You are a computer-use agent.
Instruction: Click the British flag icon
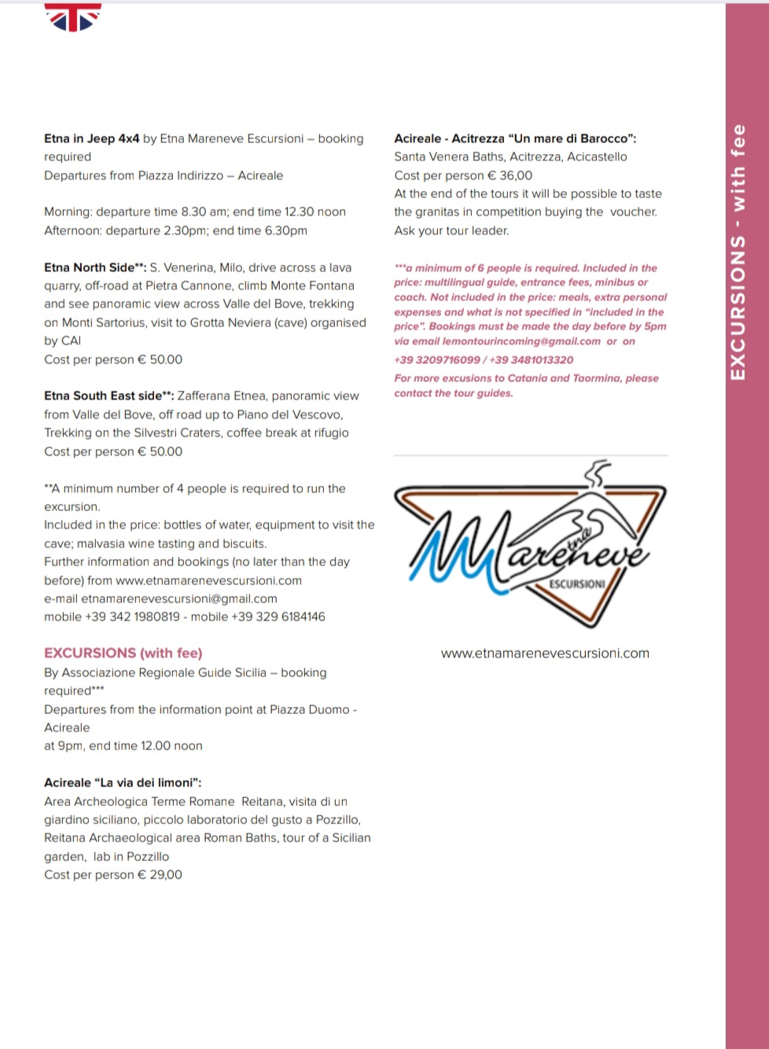[x=73, y=17]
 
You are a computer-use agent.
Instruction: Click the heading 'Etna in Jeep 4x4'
[x=91, y=138]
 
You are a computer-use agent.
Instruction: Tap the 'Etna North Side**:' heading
[x=95, y=267]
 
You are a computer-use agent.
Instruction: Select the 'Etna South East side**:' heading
[x=109, y=396]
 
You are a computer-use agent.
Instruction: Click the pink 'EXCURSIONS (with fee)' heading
[x=123, y=653]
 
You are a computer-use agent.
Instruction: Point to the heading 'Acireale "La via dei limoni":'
[x=123, y=782]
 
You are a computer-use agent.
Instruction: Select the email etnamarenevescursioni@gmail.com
[x=178, y=598]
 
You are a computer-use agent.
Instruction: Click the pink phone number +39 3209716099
[x=437, y=359]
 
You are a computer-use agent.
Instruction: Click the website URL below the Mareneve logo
[x=545, y=653]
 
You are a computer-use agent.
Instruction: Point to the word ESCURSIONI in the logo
[x=576, y=584]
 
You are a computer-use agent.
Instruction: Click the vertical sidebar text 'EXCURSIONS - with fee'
[x=738, y=252]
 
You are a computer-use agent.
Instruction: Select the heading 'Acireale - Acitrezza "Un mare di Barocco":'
[x=515, y=138]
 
